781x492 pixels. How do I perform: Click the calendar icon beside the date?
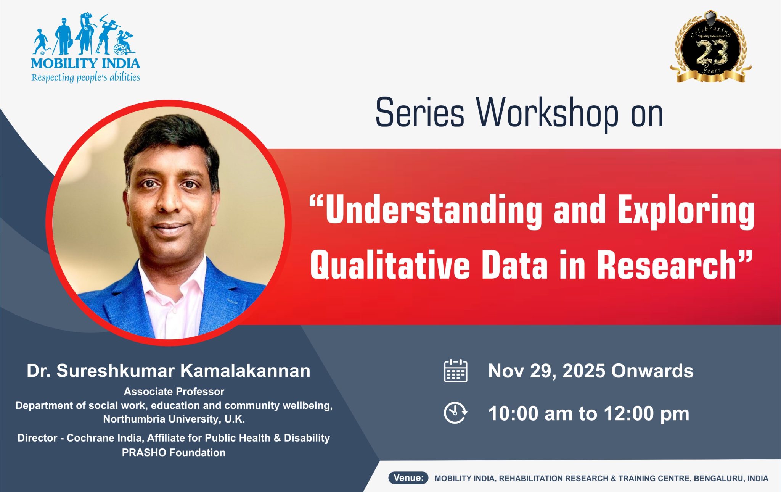click(456, 371)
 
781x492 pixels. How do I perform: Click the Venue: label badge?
click(408, 478)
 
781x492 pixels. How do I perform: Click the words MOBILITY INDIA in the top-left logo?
click(85, 63)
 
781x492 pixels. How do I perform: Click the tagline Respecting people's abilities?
click(85, 77)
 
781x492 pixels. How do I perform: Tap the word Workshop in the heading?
click(547, 113)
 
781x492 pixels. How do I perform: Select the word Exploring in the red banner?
click(686, 211)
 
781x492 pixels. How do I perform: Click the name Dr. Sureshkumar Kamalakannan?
click(169, 371)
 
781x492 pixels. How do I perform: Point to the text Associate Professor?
click(174, 392)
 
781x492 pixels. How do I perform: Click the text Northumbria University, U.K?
click(174, 419)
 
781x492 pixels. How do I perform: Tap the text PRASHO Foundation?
click(174, 453)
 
